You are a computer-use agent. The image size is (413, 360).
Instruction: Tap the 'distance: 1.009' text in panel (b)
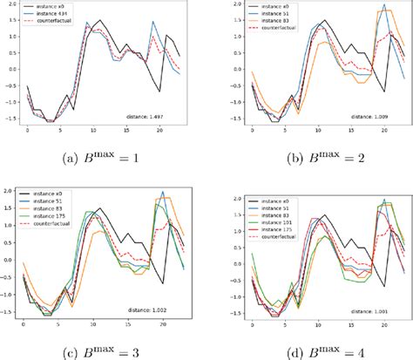pos(372,115)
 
